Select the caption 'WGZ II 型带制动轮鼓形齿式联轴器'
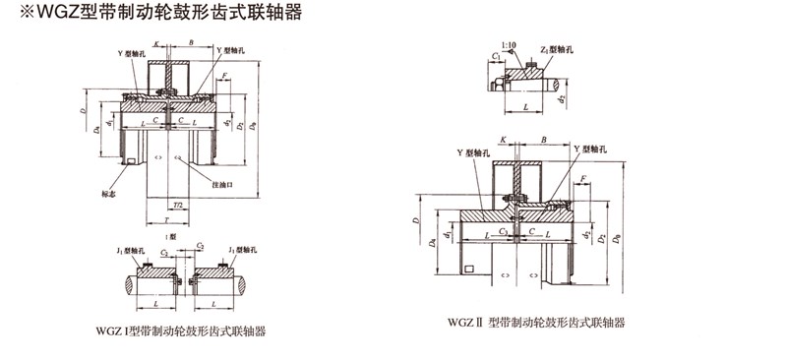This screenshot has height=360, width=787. [536, 322]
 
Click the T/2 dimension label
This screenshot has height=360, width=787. [177, 206]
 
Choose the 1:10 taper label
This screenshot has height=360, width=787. [507, 45]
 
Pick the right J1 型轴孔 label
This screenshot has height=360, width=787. [242, 251]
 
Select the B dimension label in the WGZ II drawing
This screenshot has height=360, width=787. [544, 141]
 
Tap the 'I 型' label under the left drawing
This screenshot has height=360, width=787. [171, 236]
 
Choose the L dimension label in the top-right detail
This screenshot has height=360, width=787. [526, 104]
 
